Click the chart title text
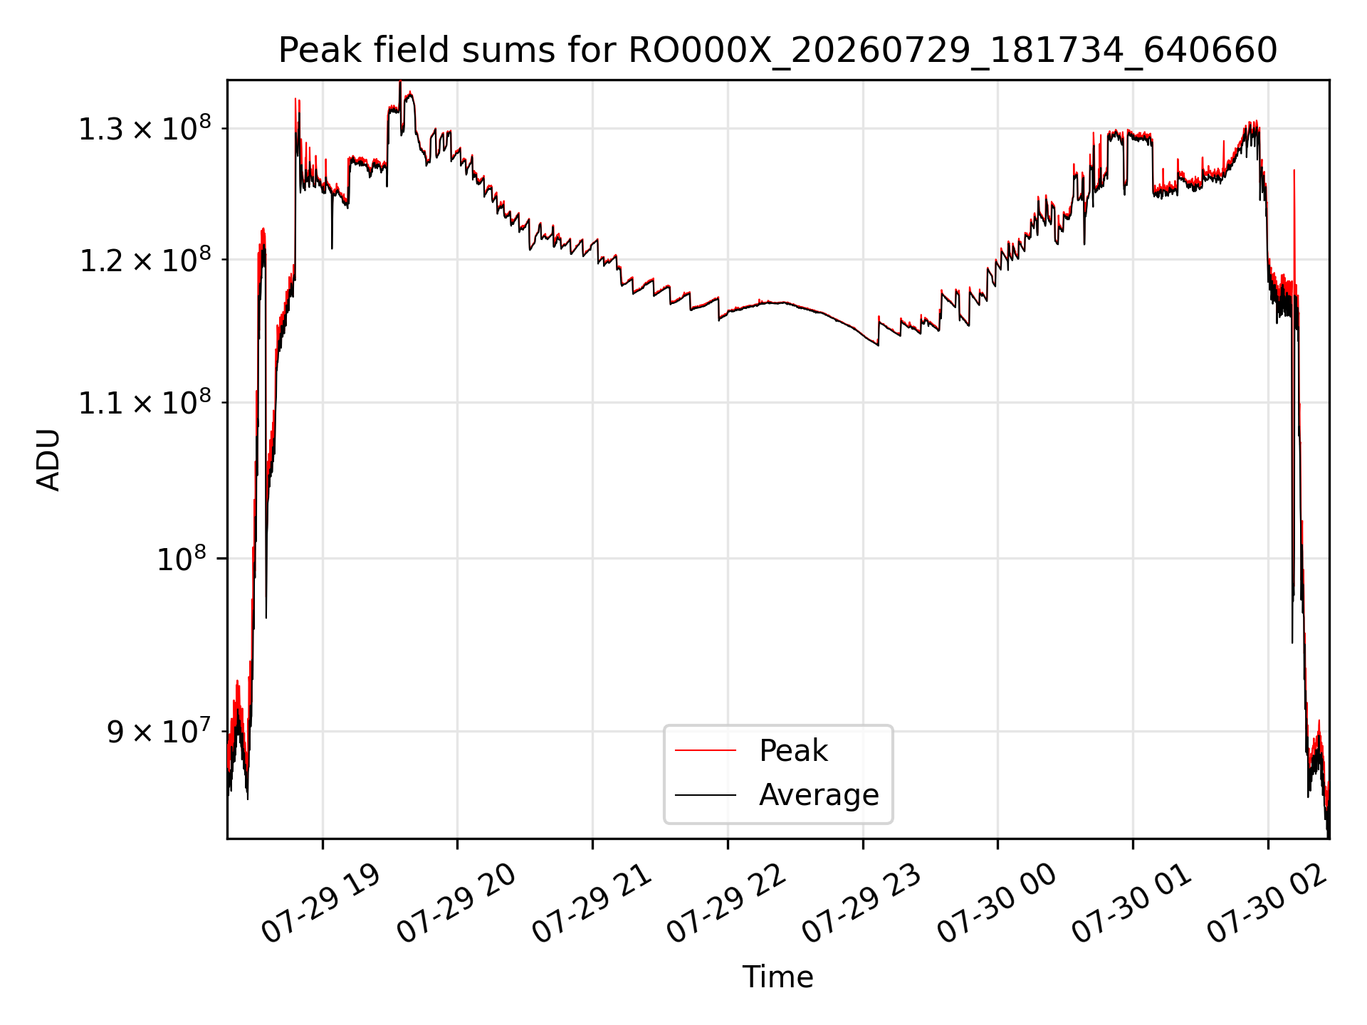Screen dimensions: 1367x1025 [x=777, y=51]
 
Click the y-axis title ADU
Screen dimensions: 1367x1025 [x=48, y=460]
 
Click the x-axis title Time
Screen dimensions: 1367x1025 [x=777, y=977]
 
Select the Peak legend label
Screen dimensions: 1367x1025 [x=793, y=750]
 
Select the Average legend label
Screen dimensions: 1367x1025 [x=819, y=794]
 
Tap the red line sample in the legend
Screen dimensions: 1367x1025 [x=705, y=750]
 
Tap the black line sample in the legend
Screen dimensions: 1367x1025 [x=705, y=794]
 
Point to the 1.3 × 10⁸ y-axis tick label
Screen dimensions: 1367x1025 [x=145, y=128]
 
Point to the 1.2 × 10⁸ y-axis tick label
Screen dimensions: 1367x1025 [x=145, y=259]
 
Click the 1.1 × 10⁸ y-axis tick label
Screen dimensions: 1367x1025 [x=145, y=402]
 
